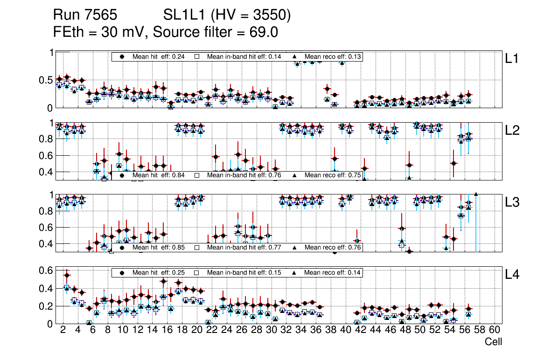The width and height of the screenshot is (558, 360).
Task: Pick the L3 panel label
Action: click(x=512, y=202)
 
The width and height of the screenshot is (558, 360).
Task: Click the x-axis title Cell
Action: click(x=493, y=342)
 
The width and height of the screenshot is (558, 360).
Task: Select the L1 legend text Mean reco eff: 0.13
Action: click(x=332, y=56)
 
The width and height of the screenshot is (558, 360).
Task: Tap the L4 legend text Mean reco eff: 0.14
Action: click(x=332, y=272)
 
